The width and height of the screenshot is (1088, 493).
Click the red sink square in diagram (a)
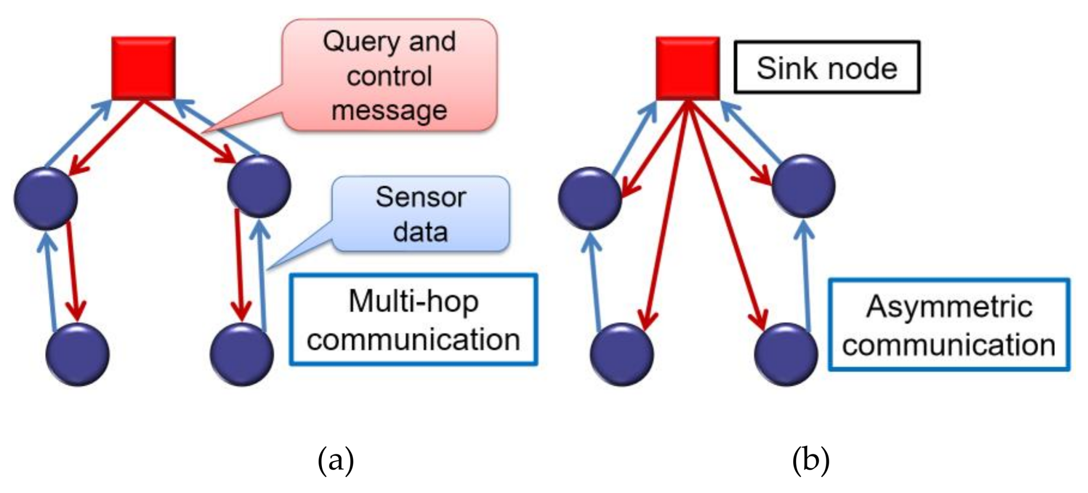click(x=144, y=68)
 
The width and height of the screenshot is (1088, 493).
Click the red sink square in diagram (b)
click(x=687, y=68)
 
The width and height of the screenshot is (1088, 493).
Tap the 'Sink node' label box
click(x=827, y=68)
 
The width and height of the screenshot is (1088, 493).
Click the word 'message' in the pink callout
click(x=389, y=111)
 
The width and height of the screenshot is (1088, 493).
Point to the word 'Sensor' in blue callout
click(x=420, y=197)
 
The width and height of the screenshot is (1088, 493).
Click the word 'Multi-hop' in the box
click(x=413, y=301)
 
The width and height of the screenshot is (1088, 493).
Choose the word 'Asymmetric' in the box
click(x=949, y=307)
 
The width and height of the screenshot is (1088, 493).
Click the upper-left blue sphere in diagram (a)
click(x=46, y=198)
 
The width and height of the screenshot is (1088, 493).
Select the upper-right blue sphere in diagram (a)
click(x=259, y=186)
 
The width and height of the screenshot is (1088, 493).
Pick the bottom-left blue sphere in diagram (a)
click(x=78, y=354)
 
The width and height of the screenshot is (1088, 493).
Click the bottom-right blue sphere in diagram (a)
click(x=242, y=354)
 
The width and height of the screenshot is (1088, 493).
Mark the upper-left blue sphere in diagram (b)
click(x=590, y=198)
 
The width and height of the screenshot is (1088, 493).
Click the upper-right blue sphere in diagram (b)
click(x=803, y=186)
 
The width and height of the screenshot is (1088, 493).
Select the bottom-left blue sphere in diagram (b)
click(x=622, y=354)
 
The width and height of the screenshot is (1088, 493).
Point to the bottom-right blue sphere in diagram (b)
click(x=786, y=354)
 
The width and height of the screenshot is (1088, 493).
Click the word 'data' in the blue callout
click(x=420, y=232)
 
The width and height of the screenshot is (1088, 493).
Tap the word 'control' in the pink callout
click(x=389, y=76)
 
